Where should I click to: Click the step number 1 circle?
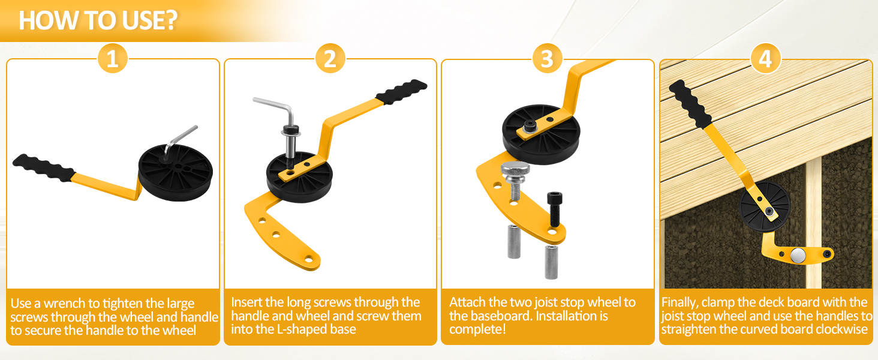[113, 58]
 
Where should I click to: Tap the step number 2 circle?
[330, 58]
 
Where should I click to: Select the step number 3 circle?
[547, 58]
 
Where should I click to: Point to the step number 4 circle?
[765, 58]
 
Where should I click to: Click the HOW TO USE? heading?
[98, 20]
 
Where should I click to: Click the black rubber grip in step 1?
[44, 168]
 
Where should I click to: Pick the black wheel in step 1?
[175, 173]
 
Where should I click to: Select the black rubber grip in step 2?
[401, 92]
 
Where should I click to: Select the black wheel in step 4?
[765, 208]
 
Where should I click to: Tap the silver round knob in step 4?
[798, 255]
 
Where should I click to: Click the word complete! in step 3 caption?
[477, 329]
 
